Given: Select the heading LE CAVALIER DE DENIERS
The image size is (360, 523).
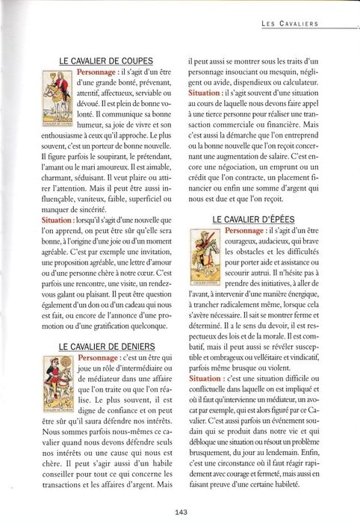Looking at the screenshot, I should coord(107,347).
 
